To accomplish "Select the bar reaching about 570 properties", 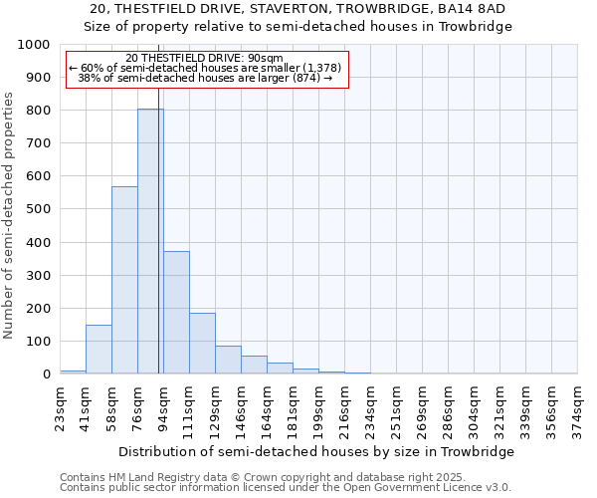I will [x=124, y=280].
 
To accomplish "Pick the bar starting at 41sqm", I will [x=99, y=350].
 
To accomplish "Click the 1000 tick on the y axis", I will [x=35, y=45].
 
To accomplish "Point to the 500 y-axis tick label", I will [x=39, y=209].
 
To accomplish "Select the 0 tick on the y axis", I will [x=47, y=374].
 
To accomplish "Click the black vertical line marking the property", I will [x=159, y=229].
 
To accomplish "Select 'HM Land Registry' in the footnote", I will [x=159, y=477].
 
